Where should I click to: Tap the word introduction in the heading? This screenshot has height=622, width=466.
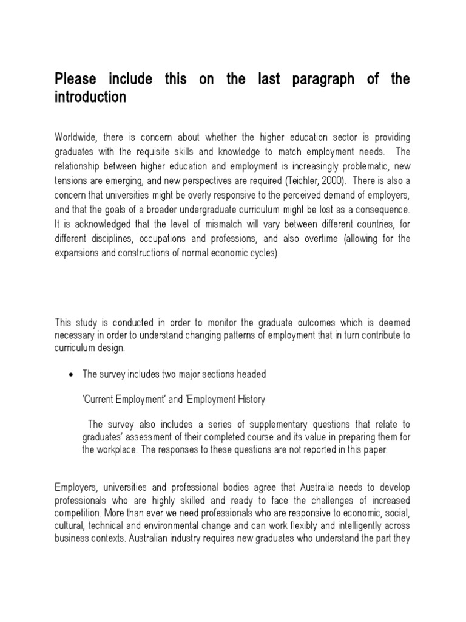[x=90, y=98]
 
